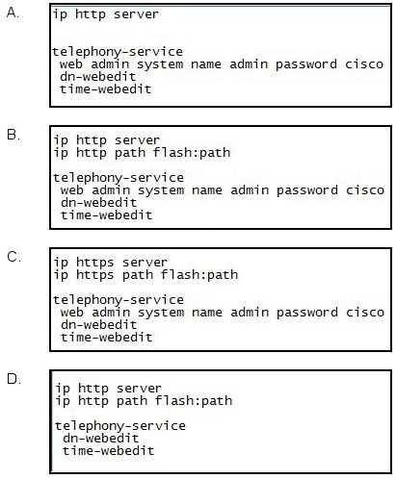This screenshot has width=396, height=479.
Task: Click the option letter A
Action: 13,13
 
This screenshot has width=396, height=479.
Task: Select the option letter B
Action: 13,135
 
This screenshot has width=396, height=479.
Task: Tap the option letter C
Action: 13,257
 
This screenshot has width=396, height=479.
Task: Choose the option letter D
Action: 13,379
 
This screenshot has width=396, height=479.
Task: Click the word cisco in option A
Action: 364,64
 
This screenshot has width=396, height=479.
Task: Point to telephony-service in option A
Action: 118,51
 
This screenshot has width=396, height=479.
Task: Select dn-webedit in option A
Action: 98,77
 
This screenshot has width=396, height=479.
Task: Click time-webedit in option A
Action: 106,88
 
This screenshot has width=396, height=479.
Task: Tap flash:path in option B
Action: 192,152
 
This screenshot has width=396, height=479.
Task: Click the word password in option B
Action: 307,190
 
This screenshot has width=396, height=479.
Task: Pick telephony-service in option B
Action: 119,177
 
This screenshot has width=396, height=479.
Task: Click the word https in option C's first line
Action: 95,263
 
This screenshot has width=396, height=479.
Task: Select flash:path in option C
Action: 199,275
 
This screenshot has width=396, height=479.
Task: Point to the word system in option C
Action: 161,313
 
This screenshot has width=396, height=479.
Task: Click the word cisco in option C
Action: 365,313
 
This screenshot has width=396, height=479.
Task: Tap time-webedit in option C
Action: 106,338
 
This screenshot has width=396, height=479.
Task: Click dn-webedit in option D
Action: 101,438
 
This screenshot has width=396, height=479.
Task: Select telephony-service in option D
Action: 120,425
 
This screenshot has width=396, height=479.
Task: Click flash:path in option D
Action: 194,401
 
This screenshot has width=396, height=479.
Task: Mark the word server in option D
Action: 139,389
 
